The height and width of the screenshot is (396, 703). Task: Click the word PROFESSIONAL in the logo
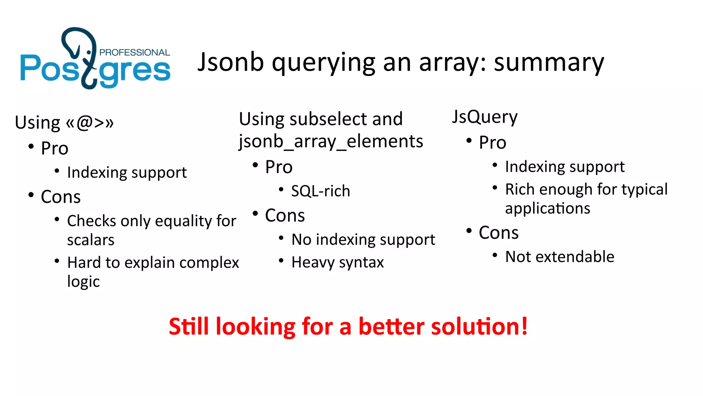click(x=135, y=52)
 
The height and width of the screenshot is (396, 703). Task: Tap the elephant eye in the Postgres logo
click(x=89, y=52)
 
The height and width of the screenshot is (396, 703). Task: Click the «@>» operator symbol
click(x=90, y=122)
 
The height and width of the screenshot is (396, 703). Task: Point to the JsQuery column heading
click(x=484, y=117)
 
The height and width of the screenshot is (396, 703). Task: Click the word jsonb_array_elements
click(x=331, y=142)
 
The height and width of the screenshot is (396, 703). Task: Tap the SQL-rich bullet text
click(x=320, y=191)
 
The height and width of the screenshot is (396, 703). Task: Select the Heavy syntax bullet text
click(x=337, y=262)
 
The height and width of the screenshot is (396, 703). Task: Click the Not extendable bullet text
click(x=560, y=257)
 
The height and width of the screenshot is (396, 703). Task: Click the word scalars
click(x=91, y=240)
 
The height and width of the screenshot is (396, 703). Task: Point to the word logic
click(x=83, y=282)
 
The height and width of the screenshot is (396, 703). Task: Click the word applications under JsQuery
click(x=548, y=209)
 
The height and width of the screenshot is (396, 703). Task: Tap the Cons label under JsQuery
click(x=498, y=233)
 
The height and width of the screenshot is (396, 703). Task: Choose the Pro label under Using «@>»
click(x=55, y=148)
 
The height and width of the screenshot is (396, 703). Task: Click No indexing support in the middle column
click(x=363, y=240)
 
